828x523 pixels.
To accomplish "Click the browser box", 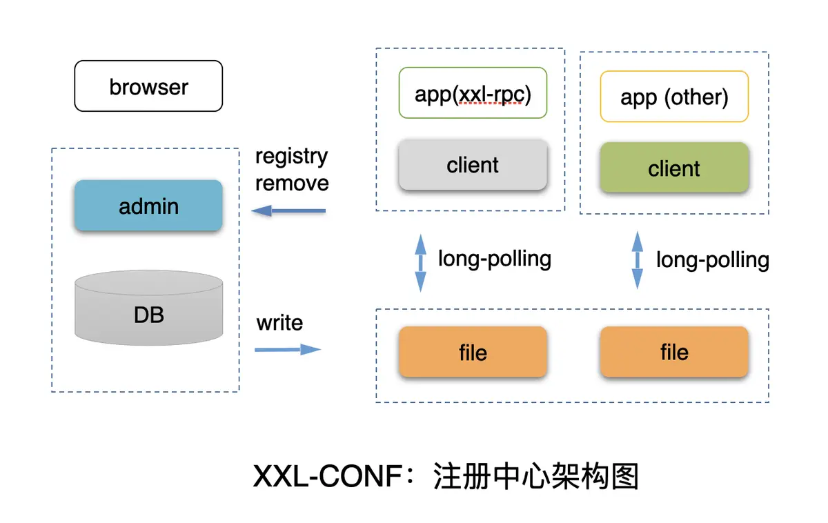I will (148, 86).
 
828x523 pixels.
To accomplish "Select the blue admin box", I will (148, 206).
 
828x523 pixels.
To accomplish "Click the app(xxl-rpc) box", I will (473, 93).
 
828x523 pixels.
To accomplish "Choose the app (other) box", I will (674, 97).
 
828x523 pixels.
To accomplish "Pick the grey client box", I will (473, 166).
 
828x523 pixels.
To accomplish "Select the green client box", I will (674, 168).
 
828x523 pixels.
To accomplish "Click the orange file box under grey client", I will (473, 353).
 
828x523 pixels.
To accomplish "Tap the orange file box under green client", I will (674, 352).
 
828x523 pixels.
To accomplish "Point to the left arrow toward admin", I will (288, 210).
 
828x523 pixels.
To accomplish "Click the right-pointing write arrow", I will (288, 350).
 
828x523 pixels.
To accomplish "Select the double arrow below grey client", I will (420, 263).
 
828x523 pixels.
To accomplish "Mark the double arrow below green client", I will (638, 260).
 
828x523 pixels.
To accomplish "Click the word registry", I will (291, 157).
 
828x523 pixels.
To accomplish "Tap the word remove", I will (292, 183).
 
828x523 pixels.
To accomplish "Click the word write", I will (279, 323).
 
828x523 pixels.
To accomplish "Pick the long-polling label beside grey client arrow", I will (495, 259).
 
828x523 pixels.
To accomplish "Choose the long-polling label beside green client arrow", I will (712, 260).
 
